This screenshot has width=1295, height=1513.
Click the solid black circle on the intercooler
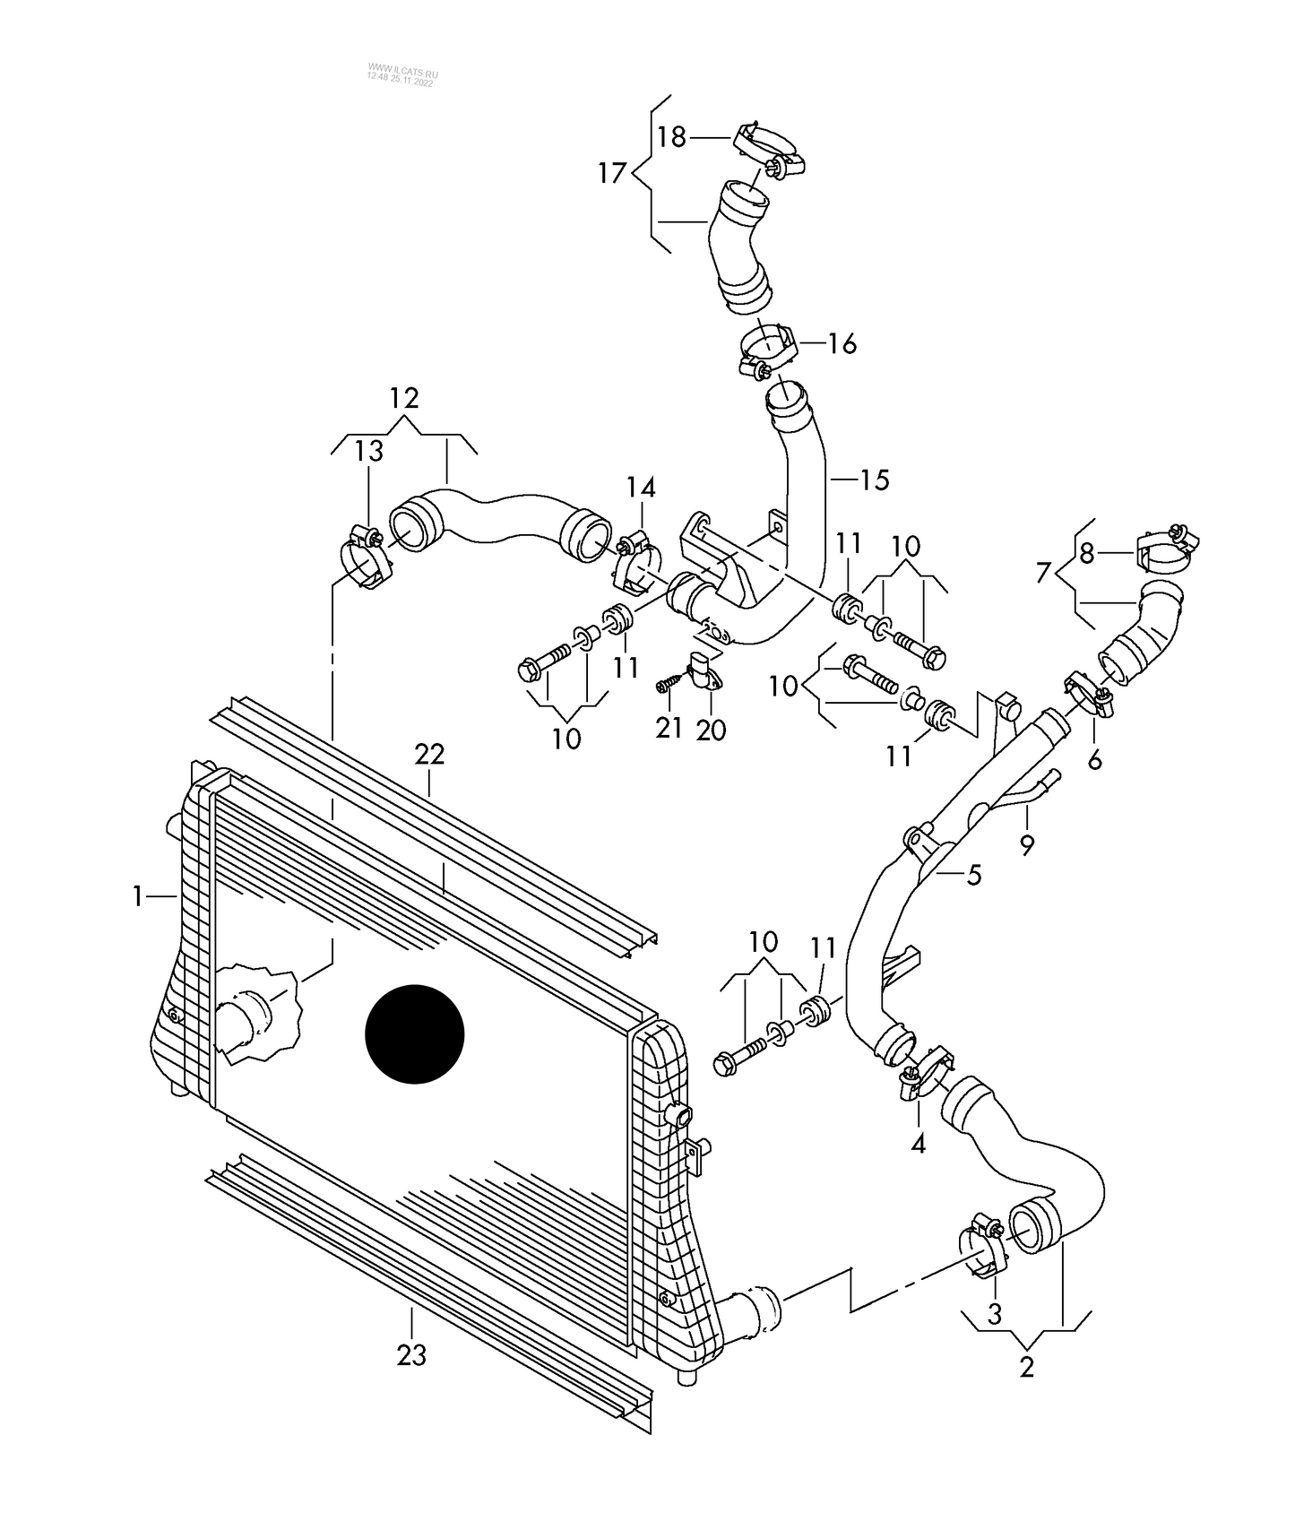pos(414,1033)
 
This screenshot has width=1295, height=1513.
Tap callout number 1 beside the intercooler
pos(138,895)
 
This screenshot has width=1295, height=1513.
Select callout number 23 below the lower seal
pos(411,1356)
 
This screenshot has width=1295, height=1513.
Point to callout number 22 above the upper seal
pos(429,755)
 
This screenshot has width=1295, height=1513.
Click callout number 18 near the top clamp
pos(671,137)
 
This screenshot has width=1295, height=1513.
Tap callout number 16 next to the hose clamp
pos(842,343)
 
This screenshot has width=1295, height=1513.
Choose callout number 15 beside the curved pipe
pos(874,480)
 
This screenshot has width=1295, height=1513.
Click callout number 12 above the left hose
pos(404,398)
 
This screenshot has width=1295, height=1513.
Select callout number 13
pos(368,451)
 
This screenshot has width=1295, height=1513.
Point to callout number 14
pos(641,488)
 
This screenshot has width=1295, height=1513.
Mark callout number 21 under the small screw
pos(669,728)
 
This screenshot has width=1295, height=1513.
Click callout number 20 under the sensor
pos(711,731)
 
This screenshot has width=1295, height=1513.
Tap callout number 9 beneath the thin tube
pos(1027,843)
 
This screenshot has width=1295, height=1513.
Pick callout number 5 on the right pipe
pos(974,874)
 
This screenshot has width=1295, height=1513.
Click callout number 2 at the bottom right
pos(1026,1368)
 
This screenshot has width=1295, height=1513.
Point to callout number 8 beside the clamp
pos(1087,554)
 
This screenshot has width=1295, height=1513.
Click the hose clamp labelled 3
pos(983,1249)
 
